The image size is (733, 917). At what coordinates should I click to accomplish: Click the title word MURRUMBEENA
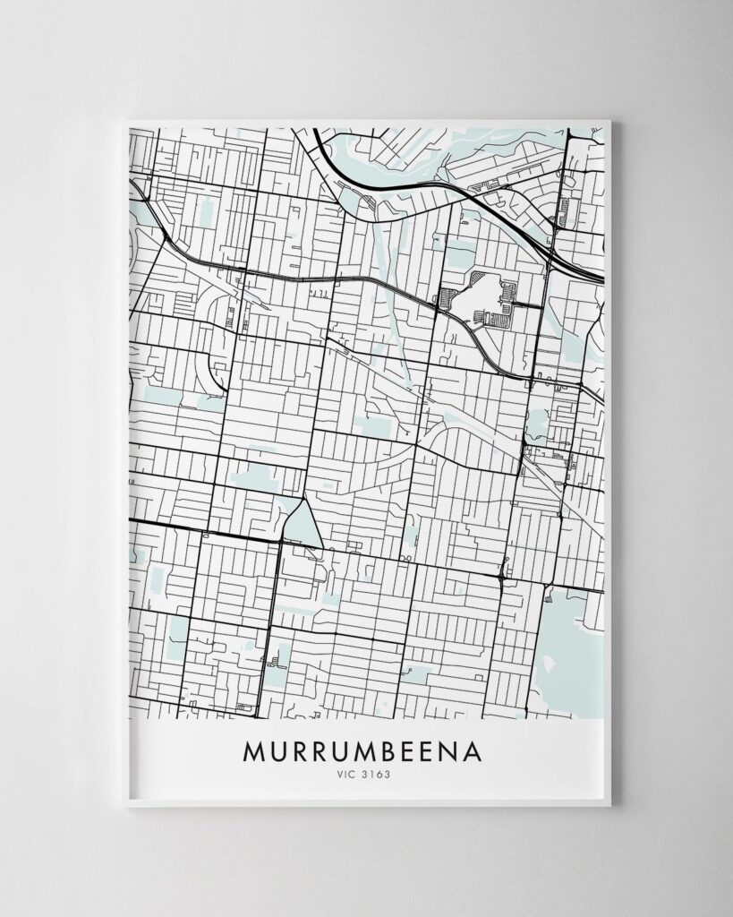[x=362, y=750]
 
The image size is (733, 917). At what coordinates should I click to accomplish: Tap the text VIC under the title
[x=345, y=776]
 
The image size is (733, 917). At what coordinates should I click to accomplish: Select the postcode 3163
[x=376, y=776]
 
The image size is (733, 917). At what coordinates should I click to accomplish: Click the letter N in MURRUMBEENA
[x=445, y=750]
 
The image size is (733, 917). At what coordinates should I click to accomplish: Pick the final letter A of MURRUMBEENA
[x=471, y=750]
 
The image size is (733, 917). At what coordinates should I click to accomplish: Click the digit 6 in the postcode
[x=375, y=776]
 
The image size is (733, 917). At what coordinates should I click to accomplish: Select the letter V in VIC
[x=337, y=776]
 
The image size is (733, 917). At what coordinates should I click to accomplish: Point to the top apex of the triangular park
[x=304, y=498]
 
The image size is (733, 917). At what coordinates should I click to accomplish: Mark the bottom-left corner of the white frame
[x=126, y=804]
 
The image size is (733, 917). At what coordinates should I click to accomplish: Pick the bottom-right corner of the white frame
[x=610, y=804]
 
